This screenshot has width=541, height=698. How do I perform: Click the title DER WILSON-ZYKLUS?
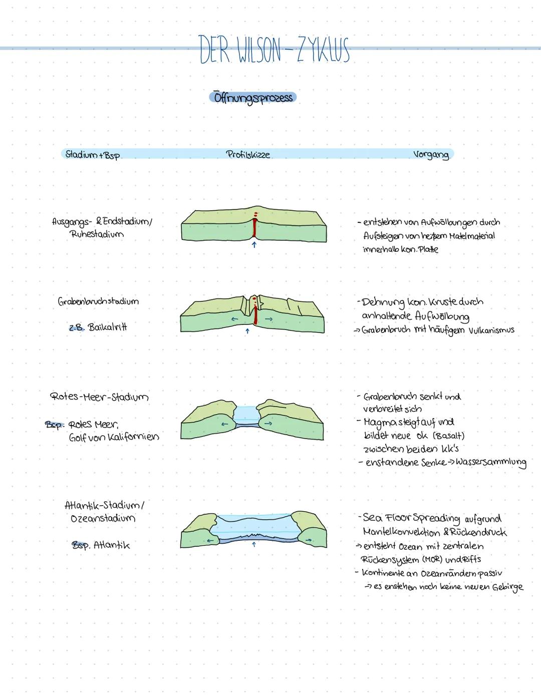274,50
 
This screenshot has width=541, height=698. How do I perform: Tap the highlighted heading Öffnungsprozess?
253,97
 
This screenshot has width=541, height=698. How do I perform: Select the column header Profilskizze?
248,154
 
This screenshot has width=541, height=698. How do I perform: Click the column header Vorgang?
431,154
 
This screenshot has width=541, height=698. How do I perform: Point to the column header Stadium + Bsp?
93,155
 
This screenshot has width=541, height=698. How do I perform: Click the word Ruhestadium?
97,234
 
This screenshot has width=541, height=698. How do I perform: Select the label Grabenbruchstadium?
98,301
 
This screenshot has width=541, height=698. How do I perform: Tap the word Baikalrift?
107,327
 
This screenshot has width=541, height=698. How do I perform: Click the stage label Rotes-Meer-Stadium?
99,397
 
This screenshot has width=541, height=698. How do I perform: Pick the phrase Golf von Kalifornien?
114,437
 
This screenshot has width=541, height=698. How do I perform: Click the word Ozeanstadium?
103,518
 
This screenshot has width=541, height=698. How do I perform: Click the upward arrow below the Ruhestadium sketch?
254,245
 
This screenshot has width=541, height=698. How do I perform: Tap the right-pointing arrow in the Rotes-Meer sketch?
268,424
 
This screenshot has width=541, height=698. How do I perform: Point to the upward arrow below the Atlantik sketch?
254,544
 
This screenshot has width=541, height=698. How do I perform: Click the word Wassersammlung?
493,462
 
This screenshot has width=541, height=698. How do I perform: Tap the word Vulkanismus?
491,330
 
